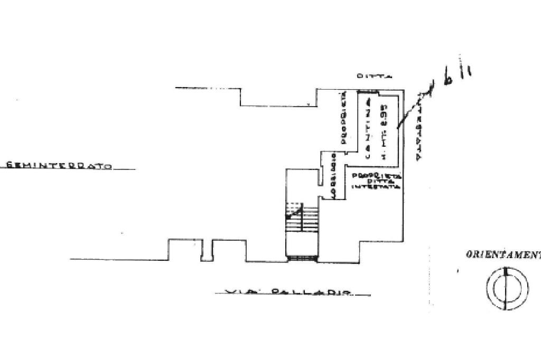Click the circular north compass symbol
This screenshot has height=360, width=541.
(507, 288)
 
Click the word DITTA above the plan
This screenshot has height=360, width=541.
(374, 77)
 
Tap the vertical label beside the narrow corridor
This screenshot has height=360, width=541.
(333, 176)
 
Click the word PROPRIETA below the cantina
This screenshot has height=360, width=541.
(376, 175)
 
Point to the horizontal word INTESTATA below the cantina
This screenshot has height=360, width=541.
(376, 187)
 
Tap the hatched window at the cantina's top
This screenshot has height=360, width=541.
(368, 91)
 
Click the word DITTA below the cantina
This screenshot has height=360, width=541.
(376, 181)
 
